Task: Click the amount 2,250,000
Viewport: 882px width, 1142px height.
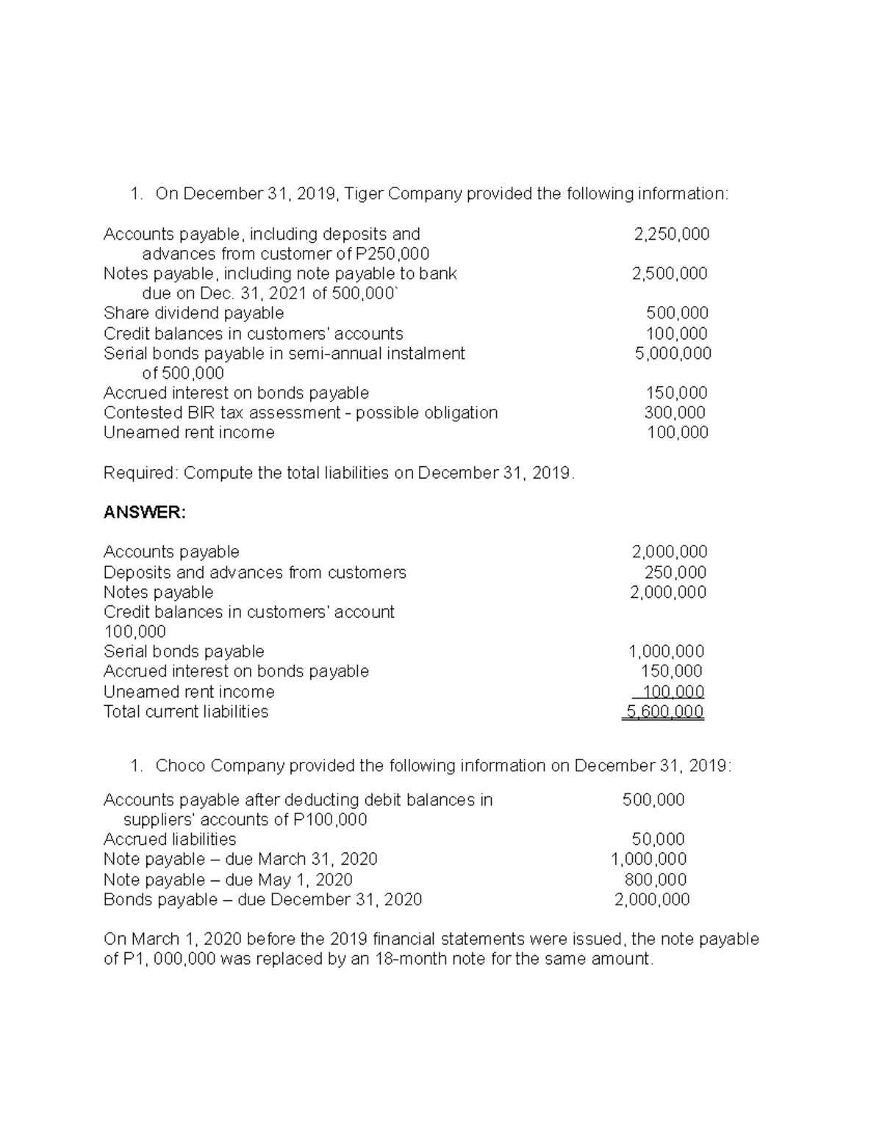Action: [x=672, y=234]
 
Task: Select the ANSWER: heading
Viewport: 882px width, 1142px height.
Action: [x=145, y=512]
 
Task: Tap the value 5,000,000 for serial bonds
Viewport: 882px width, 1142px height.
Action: [x=673, y=353]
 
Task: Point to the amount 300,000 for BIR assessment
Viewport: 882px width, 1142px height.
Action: [x=675, y=413]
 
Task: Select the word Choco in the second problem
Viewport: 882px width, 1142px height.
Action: [x=180, y=766]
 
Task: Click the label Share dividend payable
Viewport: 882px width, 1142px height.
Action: [x=193, y=313]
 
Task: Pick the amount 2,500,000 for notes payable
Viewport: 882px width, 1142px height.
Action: [x=670, y=274]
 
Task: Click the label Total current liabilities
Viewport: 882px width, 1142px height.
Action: [x=186, y=711]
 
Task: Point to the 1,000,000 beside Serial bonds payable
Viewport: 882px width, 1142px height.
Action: [x=666, y=651]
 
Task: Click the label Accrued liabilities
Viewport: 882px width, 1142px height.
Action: [x=170, y=839]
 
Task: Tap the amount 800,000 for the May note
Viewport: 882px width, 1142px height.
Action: [x=656, y=879]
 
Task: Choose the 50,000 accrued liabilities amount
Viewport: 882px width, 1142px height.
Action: [x=658, y=839]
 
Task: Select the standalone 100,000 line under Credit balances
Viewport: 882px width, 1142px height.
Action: [x=135, y=632]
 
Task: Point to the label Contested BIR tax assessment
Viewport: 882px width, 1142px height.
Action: [x=220, y=413]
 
